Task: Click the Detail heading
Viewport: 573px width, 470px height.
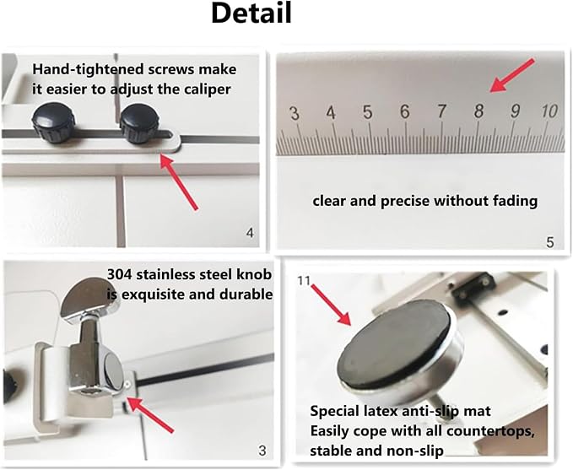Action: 251,14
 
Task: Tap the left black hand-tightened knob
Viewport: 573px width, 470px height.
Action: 53,122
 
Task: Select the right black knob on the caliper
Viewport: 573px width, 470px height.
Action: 139,123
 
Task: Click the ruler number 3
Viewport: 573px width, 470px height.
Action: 295,113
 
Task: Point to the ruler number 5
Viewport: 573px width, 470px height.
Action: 368,112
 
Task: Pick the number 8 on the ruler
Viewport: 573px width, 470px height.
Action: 478,111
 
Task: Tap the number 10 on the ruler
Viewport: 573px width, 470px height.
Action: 549,111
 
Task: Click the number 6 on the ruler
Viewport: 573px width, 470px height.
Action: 404,111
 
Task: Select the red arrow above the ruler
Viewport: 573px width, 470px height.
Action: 512,75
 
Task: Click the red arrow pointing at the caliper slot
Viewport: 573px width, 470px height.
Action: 179,181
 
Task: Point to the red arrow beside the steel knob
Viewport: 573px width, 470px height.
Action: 150,414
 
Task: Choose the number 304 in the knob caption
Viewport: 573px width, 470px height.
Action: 120,274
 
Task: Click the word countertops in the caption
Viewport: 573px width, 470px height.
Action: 490,431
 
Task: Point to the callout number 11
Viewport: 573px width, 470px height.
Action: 304,281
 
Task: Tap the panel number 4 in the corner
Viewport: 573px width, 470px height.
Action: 250,232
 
